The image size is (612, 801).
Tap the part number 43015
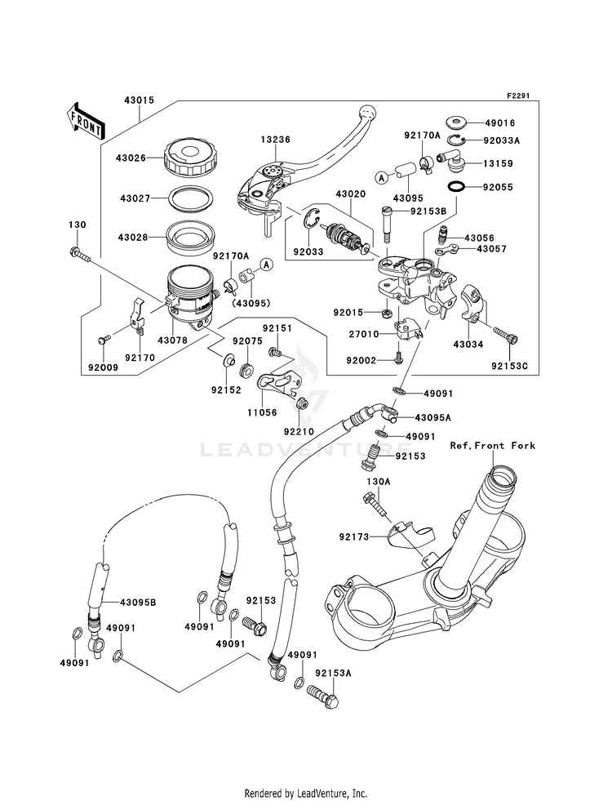pyautogui.click(x=140, y=100)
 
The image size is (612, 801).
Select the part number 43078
pyautogui.click(x=172, y=340)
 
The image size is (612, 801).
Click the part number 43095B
pyautogui.click(x=138, y=602)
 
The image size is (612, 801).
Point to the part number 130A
pyautogui.click(x=379, y=482)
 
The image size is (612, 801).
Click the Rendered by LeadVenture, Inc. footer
pyautogui.click(x=306, y=793)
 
